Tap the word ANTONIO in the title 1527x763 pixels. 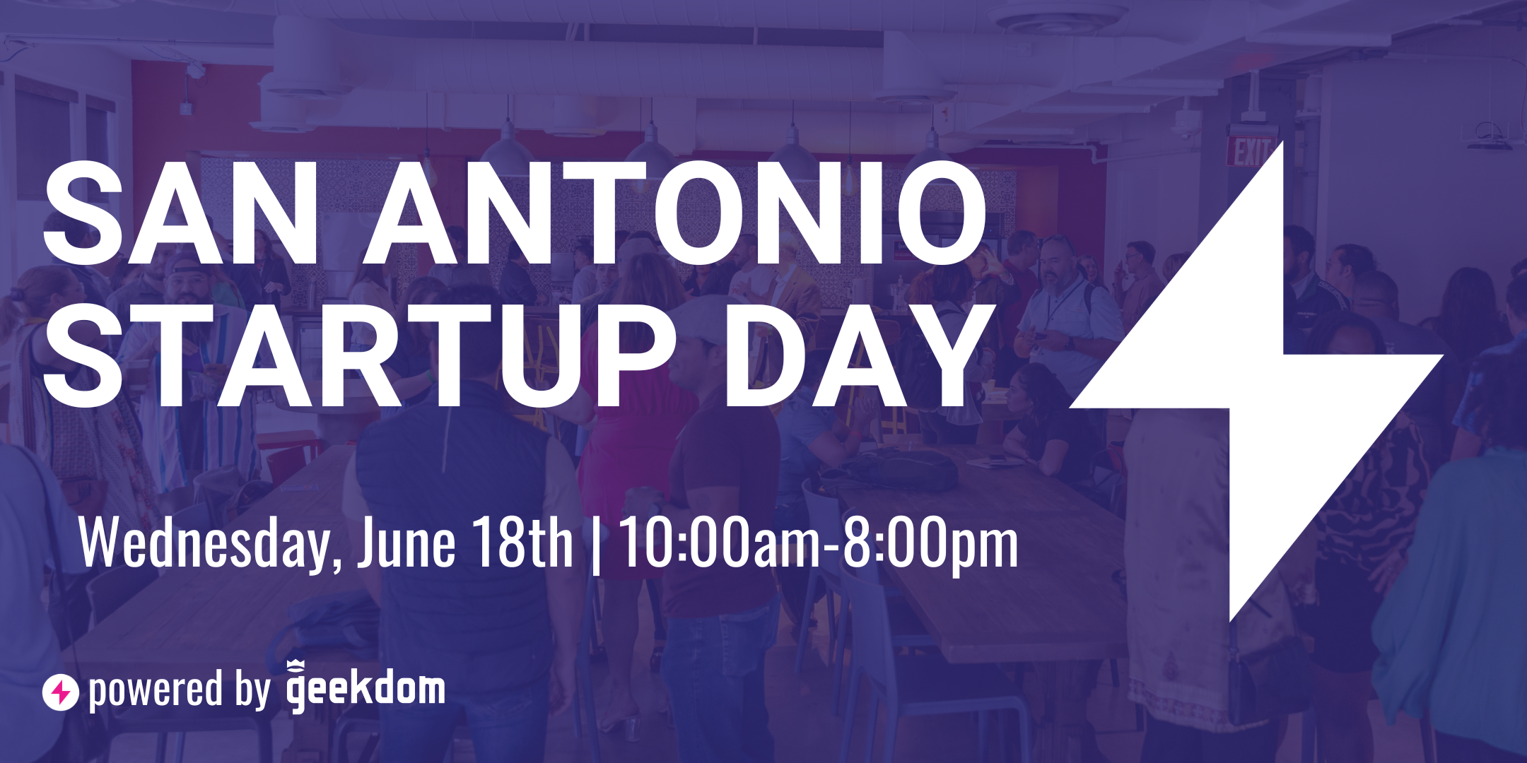(x=675, y=213)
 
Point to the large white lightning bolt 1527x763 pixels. (x=1256, y=381)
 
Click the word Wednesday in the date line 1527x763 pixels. (x=204, y=543)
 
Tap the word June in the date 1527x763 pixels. (x=406, y=543)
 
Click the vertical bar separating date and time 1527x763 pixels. (x=596, y=543)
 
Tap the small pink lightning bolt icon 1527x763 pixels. (x=60, y=692)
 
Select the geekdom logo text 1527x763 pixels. (x=365, y=687)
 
